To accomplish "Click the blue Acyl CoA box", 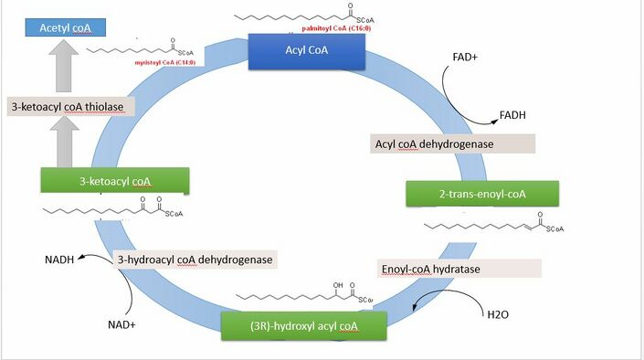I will click(x=307, y=50).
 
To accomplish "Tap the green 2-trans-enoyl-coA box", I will click(x=481, y=194).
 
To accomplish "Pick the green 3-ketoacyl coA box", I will click(x=114, y=181).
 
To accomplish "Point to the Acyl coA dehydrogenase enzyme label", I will click(x=452, y=143).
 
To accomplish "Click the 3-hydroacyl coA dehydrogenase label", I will click(x=195, y=259).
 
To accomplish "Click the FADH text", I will click(x=512, y=115).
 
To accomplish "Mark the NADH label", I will click(x=60, y=259).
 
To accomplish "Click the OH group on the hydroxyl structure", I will click(x=338, y=285).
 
